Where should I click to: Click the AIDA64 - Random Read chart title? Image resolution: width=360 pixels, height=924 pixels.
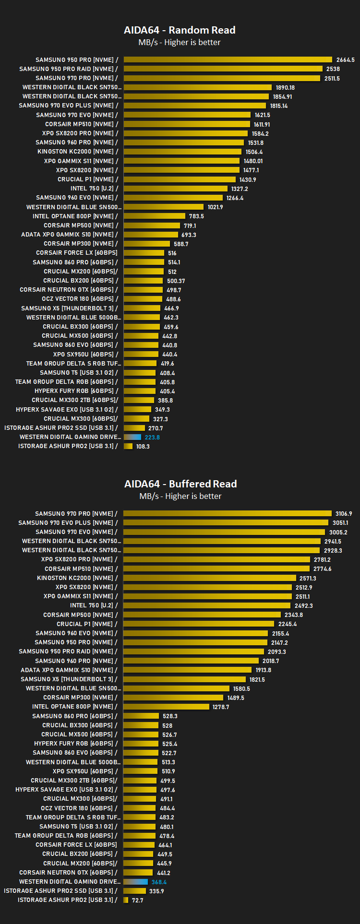click(180, 30)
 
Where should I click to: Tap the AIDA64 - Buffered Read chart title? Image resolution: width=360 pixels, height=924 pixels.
click(180, 484)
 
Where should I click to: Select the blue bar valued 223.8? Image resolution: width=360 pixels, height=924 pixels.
click(132, 437)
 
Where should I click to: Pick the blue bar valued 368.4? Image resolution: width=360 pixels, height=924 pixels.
click(135, 882)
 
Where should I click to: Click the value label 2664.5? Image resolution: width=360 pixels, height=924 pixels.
click(346, 60)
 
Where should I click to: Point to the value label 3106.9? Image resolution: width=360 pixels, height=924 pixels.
click(344, 514)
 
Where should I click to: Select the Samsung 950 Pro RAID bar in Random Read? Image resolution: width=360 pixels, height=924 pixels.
click(223, 69)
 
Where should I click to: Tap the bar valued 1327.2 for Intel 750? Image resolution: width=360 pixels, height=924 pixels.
click(176, 189)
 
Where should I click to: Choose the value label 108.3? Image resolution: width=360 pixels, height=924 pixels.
click(143, 446)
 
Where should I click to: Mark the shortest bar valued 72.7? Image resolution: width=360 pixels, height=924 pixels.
click(126, 900)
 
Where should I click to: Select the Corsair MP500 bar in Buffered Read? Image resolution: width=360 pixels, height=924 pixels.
click(202, 615)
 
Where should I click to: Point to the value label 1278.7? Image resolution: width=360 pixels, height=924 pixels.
click(221, 707)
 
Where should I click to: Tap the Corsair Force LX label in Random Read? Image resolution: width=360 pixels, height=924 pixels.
click(77, 253)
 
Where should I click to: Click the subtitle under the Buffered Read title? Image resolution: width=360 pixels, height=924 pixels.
click(180, 496)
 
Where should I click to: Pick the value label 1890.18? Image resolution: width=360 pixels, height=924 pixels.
click(285, 87)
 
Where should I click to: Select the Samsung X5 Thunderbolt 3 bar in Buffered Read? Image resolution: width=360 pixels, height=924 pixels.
click(185, 679)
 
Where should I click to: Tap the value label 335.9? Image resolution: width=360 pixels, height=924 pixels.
click(156, 891)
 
